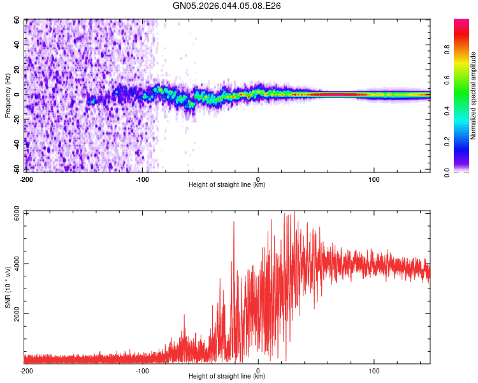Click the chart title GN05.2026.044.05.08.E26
227,6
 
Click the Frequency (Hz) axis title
8,96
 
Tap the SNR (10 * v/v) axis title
8,287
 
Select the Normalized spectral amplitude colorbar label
473,96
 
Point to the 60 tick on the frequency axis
18,20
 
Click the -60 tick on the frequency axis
17,168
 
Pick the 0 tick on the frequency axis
20,94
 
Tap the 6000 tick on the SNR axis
14,214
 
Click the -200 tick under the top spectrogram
26,178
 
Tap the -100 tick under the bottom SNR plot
142,370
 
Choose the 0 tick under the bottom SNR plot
258,370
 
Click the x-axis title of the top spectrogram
227,185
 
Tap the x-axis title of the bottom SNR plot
227,377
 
